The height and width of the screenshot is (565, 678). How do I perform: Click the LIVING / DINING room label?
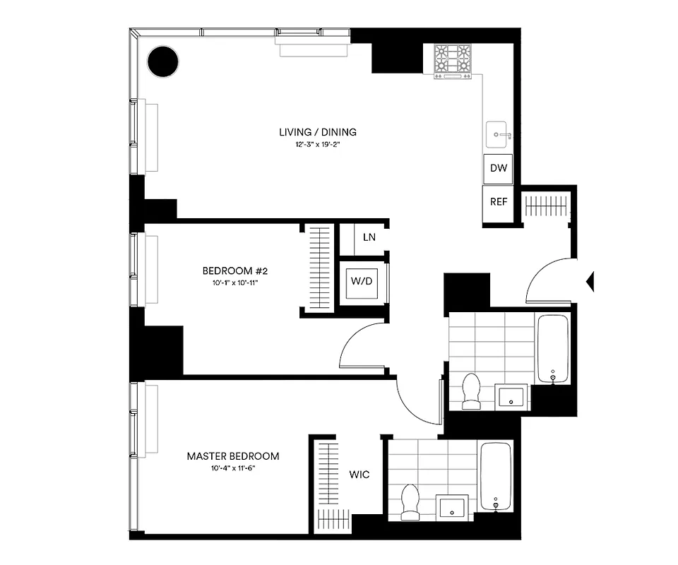click(317, 132)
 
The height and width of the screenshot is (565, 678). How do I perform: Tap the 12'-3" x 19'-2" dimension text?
click(317, 145)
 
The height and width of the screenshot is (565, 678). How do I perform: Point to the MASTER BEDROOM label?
click(232, 456)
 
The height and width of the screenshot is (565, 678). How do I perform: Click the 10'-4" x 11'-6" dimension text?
click(232, 469)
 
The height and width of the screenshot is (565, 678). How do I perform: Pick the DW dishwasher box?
click(499, 169)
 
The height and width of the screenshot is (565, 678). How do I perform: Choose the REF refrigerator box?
click(499, 201)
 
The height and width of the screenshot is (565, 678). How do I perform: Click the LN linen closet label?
click(369, 237)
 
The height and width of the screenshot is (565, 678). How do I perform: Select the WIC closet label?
click(359, 475)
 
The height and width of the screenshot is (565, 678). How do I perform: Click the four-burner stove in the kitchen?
click(452, 61)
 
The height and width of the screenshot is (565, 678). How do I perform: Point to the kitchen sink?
click(499, 133)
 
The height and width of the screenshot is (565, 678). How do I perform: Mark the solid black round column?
click(163, 61)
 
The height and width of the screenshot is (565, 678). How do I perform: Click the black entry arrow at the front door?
click(590, 281)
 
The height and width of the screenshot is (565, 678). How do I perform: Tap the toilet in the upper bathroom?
click(470, 391)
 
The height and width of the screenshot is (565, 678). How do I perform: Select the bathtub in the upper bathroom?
click(552, 349)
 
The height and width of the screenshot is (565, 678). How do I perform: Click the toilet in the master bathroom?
click(410, 500)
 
